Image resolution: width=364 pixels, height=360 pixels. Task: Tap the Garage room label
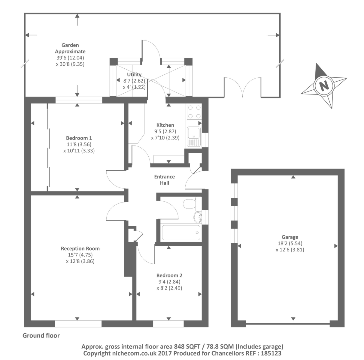290,237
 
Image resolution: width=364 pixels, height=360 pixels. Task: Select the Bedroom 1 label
79,138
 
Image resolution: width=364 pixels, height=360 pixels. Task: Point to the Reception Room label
80,248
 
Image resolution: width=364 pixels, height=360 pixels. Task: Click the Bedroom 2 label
169,275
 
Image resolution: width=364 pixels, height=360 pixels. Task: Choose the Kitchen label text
165,125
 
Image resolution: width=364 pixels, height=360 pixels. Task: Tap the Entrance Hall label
164,180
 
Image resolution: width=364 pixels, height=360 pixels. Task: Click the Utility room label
134,75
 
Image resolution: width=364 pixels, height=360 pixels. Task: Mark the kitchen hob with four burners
194,112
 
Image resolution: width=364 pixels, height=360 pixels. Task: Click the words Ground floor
41,335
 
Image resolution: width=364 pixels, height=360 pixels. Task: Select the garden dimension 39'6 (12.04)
70,58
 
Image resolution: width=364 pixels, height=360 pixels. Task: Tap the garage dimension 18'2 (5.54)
290,243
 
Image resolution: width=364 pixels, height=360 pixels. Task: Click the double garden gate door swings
243,87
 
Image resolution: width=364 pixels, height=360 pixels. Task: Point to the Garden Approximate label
70,48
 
